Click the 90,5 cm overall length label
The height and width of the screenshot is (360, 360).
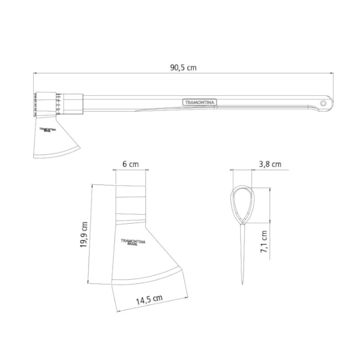[x=183, y=68]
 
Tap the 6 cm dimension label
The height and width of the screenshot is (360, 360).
[x=131, y=164]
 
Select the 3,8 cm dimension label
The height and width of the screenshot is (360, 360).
[x=270, y=164]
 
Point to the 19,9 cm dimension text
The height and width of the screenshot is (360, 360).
[x=84, y=234]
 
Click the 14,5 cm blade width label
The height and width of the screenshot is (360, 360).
[x=150, y=300]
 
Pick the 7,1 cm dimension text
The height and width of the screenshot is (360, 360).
[x=264, y=242]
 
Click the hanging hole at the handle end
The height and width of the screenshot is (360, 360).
[x=323, y=104]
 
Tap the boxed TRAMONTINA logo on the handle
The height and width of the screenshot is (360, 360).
[x=199, y=102]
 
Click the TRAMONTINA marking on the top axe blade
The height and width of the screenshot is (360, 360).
[x=48, y=130]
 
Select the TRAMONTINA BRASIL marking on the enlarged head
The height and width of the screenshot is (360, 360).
[x=133, y=242]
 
